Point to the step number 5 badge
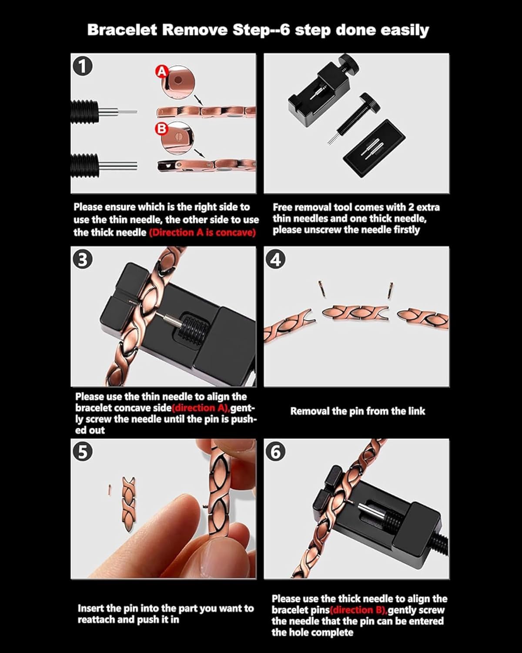83,451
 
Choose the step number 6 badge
276,452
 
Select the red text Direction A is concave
202,232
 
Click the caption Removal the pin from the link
358,411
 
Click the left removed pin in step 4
320,287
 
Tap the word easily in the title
405,30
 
